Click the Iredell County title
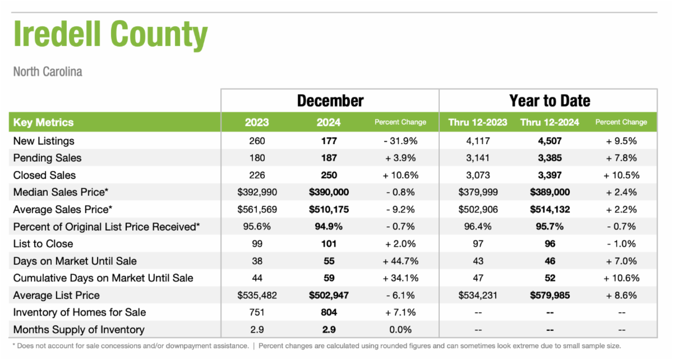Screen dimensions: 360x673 click(110, 35)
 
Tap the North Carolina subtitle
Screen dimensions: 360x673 click(47, 72)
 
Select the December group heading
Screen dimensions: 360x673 click(330, 101)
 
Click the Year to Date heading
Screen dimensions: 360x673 click(550, 101)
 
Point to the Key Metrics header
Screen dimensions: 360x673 click(43, 122)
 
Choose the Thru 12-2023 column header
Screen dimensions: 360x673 click(478, 122)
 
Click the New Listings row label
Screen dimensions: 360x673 click(44, 141)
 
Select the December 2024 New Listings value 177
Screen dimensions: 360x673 click(329, 141)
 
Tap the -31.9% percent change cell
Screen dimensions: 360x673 click(400, 141)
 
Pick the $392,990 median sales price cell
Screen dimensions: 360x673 click(257, 192)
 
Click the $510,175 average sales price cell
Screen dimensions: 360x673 click(329, 210)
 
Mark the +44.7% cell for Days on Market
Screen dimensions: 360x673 click(400, 261)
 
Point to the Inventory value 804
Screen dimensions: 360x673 click(329, 312)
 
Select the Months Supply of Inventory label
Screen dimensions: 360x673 click(79, 330)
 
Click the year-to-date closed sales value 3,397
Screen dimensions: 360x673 click(549, 175)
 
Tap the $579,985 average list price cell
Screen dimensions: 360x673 click(549, 296)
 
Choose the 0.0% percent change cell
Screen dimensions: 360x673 click(400, 330)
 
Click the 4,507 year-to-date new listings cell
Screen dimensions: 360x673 click(549, 141)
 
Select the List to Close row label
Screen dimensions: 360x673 click(43, 244)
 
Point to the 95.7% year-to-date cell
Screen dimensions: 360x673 click(549, 227)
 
